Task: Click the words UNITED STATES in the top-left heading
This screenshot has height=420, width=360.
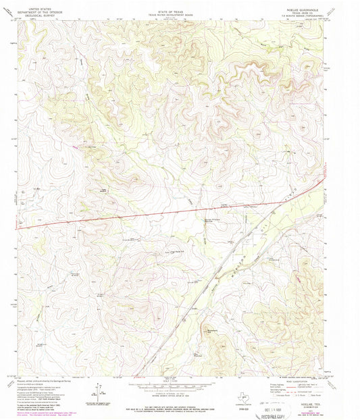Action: coord(33,4)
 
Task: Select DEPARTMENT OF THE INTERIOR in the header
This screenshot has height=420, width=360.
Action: coord(33,7)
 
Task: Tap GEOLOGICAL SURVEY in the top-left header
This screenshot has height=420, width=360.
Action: coord(33,11)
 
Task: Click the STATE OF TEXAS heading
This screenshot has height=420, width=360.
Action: coord(177,4)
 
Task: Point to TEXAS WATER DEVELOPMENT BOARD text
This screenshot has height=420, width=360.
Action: coord(177,7)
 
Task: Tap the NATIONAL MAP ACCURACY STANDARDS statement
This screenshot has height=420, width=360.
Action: coord(177,404)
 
